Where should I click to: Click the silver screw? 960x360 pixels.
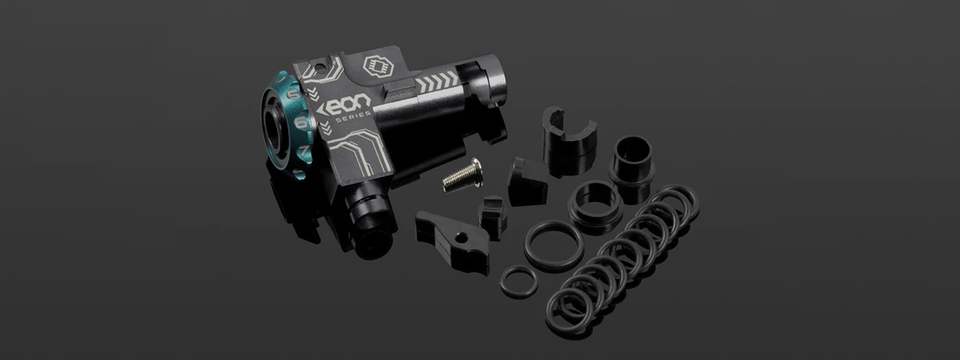(x=463, y=175)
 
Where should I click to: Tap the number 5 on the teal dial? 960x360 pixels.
(x=293, y=94)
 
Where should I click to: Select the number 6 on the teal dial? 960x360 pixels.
(x=301, y=123)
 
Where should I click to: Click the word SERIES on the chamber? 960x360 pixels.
(x=353, y=116)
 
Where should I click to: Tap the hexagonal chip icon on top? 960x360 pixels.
(x=378, y=67)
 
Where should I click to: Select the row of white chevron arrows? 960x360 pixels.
(x=437, y=82)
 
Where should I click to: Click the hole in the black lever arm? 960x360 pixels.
(x=461, y=236)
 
